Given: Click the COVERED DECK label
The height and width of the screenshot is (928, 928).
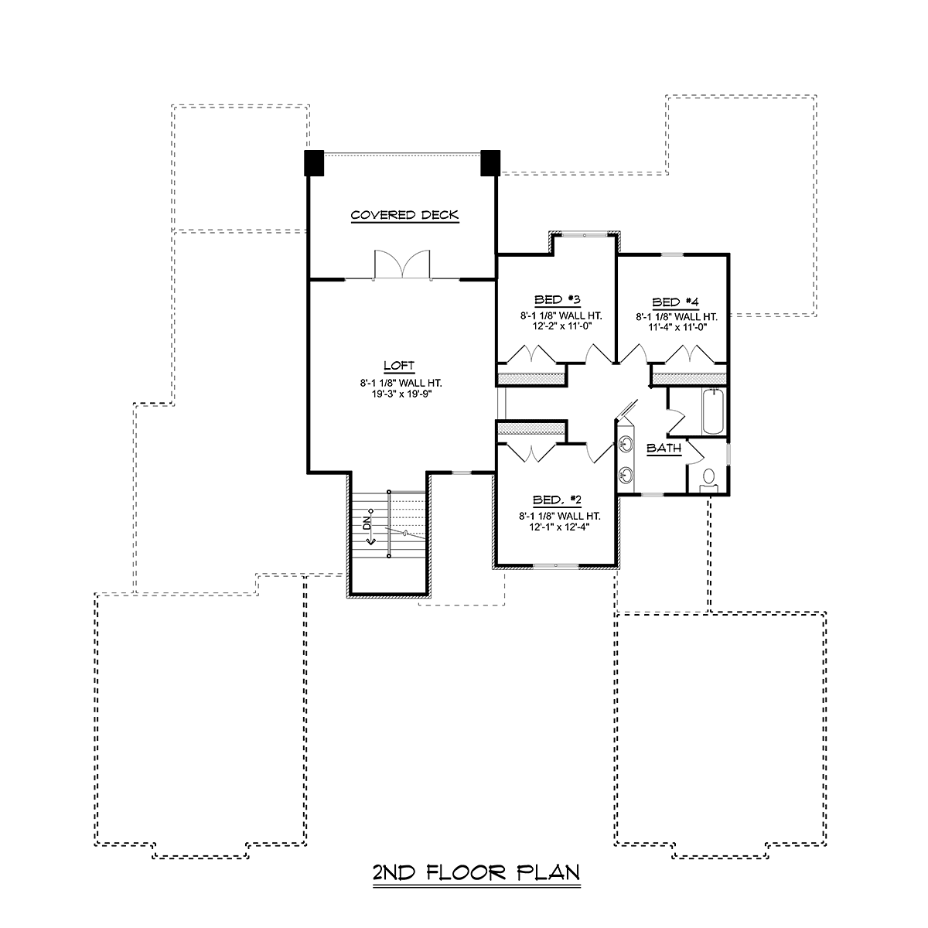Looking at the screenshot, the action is (x=404, y=215).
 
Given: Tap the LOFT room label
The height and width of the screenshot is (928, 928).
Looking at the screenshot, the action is (x=399, y=366).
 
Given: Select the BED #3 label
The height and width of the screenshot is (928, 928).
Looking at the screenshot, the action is (x=557, y=299).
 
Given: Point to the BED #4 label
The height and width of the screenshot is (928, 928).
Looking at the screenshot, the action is (x=675, y=302).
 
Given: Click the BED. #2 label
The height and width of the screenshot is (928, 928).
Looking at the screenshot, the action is (x=557, y=500).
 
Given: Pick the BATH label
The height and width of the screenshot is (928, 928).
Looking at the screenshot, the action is (x=664, y=448).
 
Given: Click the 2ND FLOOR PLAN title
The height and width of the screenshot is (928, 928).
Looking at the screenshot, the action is (x=476, y=872).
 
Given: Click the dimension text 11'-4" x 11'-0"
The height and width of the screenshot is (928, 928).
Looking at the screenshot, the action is (x=677, y=327).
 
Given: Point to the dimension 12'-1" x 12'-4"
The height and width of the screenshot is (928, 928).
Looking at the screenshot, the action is (x=560, y=527).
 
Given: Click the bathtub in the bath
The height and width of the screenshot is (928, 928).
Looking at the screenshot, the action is (x=713, y=412).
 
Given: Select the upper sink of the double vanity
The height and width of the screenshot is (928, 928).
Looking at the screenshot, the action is (x=626, y=444).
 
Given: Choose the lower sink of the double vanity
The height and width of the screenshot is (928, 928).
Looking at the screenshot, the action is (x=626, y=475).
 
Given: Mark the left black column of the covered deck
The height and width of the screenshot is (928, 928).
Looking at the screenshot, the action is (x=314, y=162).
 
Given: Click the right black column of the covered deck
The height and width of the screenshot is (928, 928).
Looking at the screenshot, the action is (x=490, y=162).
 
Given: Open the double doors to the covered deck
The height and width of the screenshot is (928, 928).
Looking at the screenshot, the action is (x=402, y=265).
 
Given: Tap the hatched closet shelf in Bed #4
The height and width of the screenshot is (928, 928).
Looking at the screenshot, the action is (x=689, y=379).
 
